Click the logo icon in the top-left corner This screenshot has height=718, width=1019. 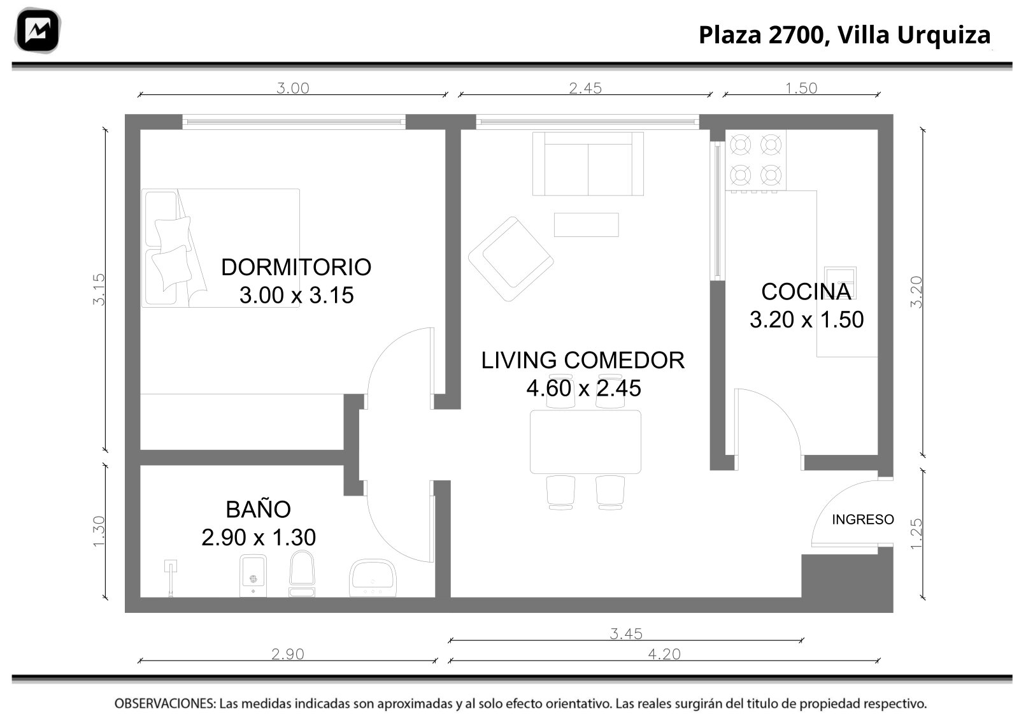[x=38, y=30]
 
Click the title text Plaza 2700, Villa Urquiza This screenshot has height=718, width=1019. [x=844, y=35]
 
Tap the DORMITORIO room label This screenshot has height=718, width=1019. [x=296, y=267]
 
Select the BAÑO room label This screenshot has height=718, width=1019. [x=259, y=510]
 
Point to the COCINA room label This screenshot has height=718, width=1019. [x=806, y=292]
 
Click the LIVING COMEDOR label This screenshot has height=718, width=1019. [x=583, y=361]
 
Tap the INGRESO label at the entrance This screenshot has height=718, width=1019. [x=863, y=520]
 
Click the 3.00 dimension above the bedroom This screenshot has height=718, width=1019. [x=293, y=88]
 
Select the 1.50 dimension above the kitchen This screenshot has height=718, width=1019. [x=802, y=88]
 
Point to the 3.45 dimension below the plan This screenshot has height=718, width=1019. [x=626, y=634]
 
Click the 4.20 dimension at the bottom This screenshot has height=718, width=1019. [x=664, y=654]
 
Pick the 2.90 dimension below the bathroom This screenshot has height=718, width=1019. [x=287, y=654]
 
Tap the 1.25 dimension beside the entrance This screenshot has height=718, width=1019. [x=916, y=534]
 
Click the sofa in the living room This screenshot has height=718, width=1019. [x=588, y=164]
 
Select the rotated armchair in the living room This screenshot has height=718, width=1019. [x=511, y=259]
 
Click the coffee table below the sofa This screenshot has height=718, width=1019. [x=586, y=225]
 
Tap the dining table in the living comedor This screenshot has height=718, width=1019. [x=585, y=442]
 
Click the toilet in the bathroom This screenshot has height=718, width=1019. [x=302, y=573]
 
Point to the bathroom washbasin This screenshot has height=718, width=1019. [x=373, y=578]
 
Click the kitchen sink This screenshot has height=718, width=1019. [x=841, y=283]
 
